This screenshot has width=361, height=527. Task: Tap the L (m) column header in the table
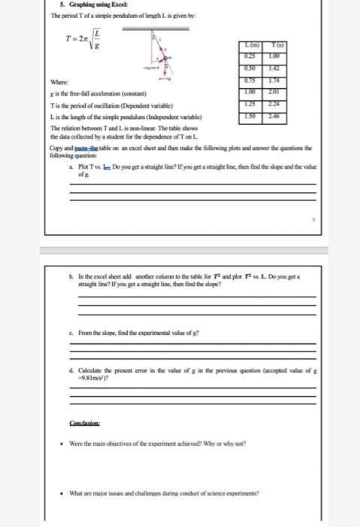[x=247, y=47]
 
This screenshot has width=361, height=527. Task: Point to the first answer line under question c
[x=192, y=344]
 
